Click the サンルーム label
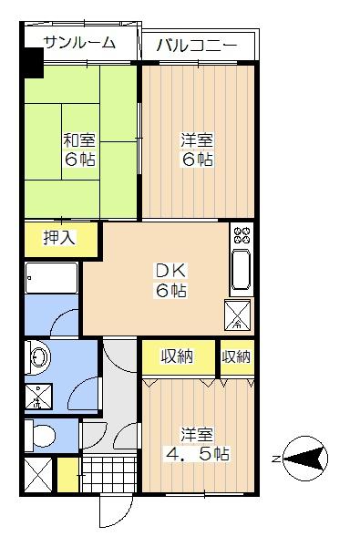pos(79,42)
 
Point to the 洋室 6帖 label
pos(196,150)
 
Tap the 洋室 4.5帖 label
pos(197,444)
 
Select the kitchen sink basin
pos(242,271)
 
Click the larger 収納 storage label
pos(178,356)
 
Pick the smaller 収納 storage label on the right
pos(236,356)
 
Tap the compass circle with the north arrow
pos(308,457)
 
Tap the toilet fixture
pos(41,436)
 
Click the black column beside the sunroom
pos(32,63)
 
